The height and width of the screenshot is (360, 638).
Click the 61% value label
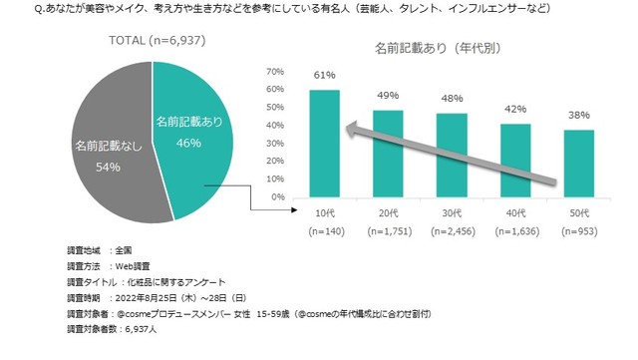point(324,76)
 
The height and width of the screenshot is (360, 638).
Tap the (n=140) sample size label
point(324,230)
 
